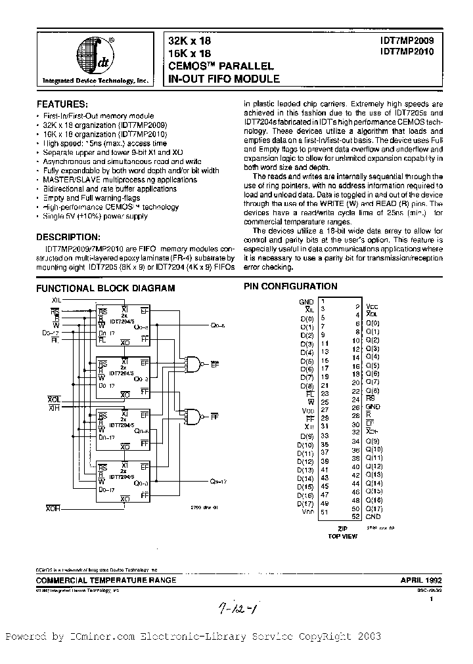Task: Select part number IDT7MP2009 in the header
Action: tap(400, 40)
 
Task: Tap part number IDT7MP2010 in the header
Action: tap(400, 52)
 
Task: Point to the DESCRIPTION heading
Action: tap(68, 236)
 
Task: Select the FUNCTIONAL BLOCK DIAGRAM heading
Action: tap(105, 287)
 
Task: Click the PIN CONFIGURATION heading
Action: tap(290, 287)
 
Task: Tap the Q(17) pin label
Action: tap(373, 508)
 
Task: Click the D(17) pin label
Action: tap(305, 503)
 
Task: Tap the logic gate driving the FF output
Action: tap(194, 415)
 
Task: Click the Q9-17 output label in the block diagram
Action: tap(219, 481)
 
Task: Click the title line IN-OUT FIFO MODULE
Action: tap(225, 79)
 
